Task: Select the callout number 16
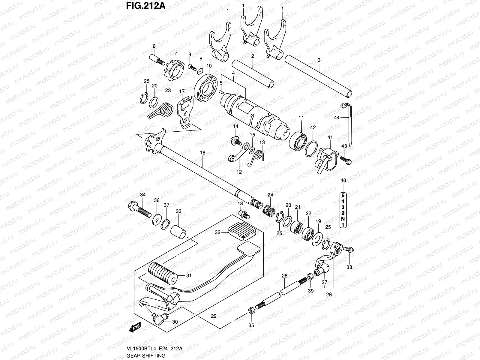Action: coord(202,153)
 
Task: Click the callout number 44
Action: coord(337,118)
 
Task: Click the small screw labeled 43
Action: coord(345,159)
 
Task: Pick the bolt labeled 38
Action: coord(349,249)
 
